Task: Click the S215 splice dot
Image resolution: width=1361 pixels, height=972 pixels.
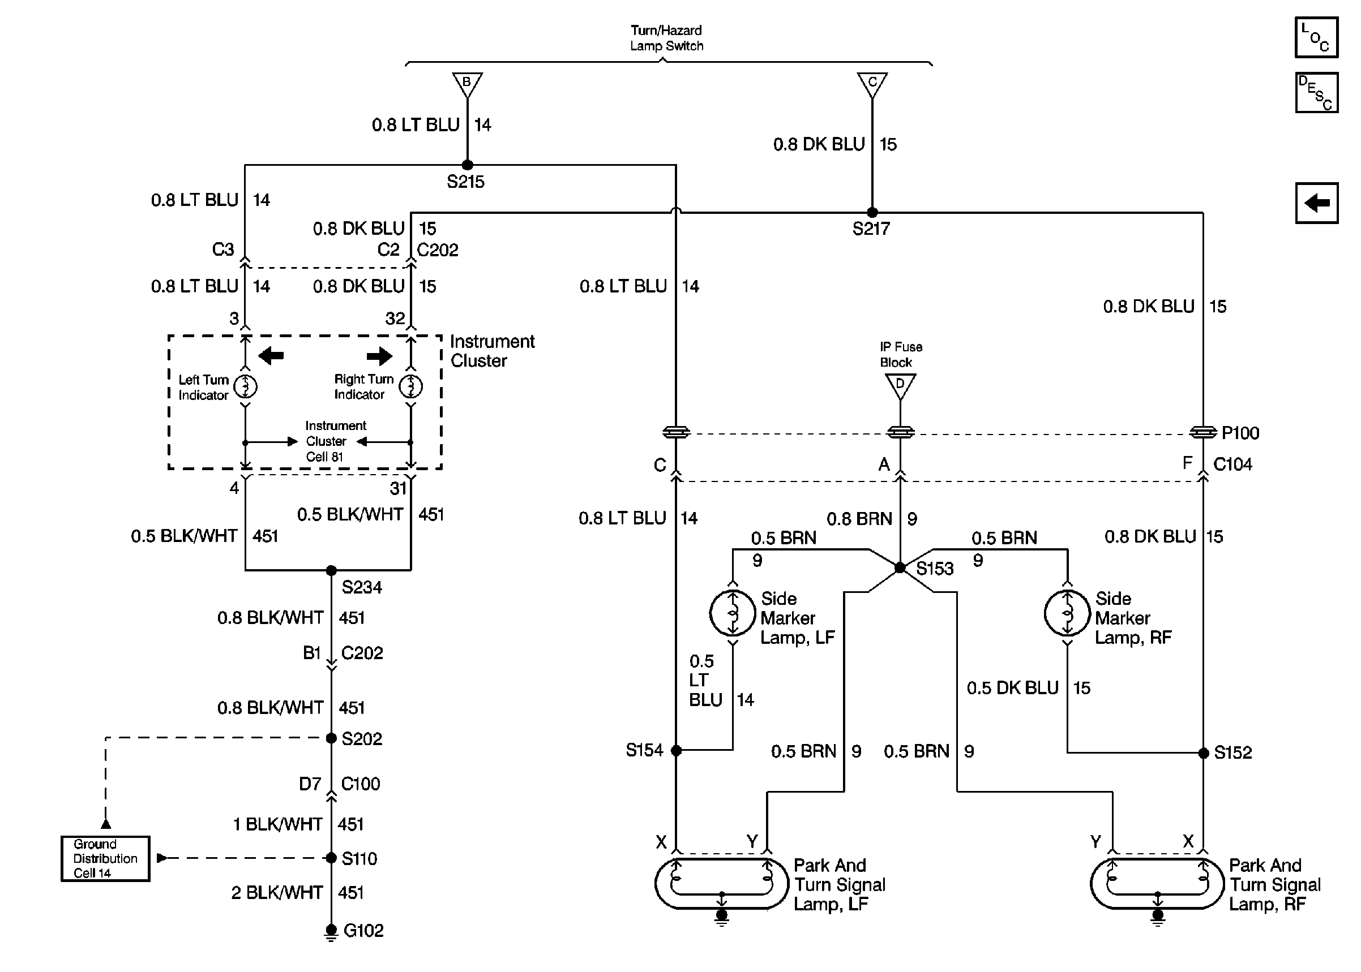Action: tap(467, 165)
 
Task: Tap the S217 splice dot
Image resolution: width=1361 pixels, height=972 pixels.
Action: tap(872, 213)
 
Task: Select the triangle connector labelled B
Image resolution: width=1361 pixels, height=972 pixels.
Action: tap(467, 83)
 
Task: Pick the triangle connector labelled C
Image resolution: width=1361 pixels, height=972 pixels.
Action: tap(872, 83)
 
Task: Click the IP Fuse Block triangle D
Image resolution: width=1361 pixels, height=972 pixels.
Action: tap(900, 385)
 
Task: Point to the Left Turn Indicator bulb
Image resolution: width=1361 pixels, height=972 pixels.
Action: tap(246, 386)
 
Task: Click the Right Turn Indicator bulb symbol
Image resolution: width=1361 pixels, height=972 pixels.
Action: tap(411, 386)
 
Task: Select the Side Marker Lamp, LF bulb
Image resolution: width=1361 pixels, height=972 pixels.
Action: tap(732, 613)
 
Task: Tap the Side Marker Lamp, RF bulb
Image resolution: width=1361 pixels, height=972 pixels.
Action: tap(1067, 613)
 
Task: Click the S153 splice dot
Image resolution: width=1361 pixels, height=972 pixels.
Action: tap(900, 567)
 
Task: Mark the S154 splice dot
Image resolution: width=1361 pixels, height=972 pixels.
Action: tap(676, 750)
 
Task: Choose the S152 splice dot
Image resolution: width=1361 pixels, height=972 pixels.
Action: tap(1203, 753)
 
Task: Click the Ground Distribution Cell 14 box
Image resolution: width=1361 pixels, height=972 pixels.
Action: tap(105, 858)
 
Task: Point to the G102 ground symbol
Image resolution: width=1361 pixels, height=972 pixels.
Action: tap(331, 931)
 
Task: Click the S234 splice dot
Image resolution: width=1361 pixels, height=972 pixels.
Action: tap(331, 570)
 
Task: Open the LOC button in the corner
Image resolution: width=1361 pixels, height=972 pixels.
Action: tap(1316, 37)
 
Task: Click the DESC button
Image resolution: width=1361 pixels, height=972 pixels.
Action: tap(1316, 93)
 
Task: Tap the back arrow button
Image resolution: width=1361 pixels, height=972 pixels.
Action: tap(1316, 203)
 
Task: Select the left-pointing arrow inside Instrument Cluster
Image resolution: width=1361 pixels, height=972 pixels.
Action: tap(271, 356)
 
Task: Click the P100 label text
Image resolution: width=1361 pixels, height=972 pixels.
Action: tap(1240, 433)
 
